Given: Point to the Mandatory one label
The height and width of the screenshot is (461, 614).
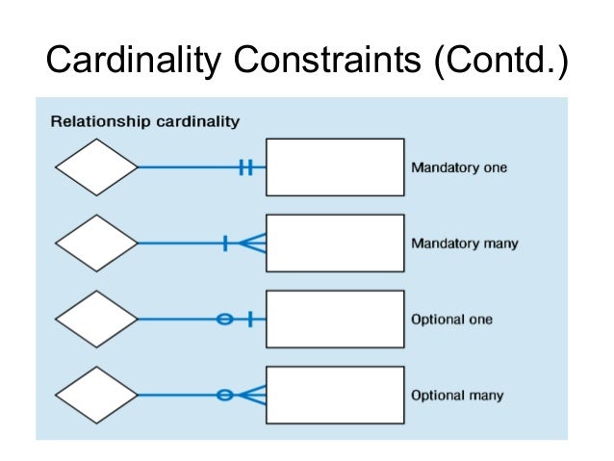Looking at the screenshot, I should tap(458, 167).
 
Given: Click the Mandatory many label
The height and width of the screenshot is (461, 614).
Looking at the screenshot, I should tap(464, 243).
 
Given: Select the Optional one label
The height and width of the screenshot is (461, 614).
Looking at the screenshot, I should tap(451, 319).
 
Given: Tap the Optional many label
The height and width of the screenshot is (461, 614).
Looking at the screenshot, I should tap(457, 395).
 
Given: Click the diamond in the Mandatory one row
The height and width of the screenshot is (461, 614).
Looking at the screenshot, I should tap(96, 167).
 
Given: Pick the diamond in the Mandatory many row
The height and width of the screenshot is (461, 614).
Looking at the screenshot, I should tap(96, 243).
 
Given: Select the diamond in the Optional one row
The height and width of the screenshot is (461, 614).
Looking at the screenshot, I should tap(96, 319).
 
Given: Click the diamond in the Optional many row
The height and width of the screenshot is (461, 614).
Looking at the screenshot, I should tap(96, 395).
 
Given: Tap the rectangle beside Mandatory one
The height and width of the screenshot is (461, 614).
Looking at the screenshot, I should tap(334, 167).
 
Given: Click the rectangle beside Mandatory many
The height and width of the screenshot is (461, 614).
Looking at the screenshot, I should tap(334, 243).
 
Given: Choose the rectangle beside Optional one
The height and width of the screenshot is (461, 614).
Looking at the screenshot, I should tap(334, 319).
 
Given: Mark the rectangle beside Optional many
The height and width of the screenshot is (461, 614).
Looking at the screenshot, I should tap(334, 395).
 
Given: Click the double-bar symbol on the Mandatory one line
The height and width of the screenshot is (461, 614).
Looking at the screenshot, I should tap(245, 167).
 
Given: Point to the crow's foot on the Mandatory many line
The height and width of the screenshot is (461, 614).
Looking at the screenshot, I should tap(252, 243).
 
